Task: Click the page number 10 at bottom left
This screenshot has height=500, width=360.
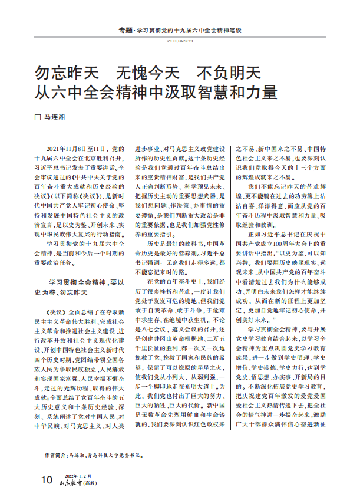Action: (46, 480)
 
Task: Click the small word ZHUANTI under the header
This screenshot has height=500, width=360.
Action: (180, 41)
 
